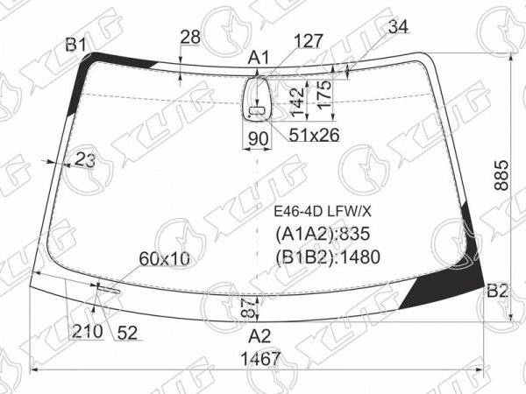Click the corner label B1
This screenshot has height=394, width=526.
pos(75,45)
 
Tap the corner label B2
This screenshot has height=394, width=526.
pos(497,291)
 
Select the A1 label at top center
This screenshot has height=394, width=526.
pos(259,58)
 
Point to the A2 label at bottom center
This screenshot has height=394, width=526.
pos(259,336)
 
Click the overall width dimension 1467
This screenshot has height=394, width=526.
pos(260,359)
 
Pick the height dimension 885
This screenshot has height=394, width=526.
pos(501,175)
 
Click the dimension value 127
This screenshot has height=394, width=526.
pos(308,41)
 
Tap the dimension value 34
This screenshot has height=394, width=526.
pos(398,26)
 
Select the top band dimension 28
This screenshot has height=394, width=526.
pos(190,37)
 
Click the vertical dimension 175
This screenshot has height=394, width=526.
pos(324,95)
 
